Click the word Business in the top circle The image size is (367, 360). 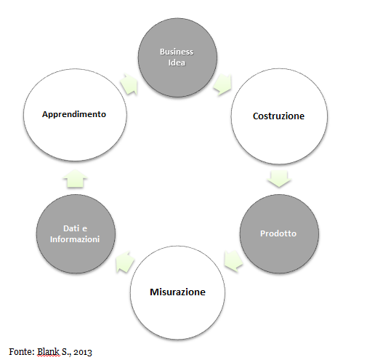click(177, 52)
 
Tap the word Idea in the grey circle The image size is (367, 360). click(177, 63)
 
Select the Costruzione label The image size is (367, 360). click(278, 116)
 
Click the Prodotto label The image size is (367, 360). click(278, 233)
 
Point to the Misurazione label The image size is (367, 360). click(177, 292)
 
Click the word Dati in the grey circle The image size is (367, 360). click(71, 228)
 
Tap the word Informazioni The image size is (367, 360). click(75, 239)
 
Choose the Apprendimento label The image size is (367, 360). click(74, 114)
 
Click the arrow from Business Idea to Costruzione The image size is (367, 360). click(222, 84)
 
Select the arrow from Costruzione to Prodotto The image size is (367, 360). click(279, 178)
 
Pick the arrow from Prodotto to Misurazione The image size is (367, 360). click(233, 260)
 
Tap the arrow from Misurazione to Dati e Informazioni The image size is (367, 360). click(125, 262)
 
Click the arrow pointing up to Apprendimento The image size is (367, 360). click(75, 178)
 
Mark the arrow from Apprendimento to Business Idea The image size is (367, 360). click(129, 84)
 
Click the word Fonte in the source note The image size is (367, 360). click(22, 351)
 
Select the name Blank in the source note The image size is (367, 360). click(48, 351)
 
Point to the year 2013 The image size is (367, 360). click(83, 352)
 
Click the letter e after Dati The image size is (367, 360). click(84, 228)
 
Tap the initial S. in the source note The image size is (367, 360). click(66, 352)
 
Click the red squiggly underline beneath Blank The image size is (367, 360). click(48, 356)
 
